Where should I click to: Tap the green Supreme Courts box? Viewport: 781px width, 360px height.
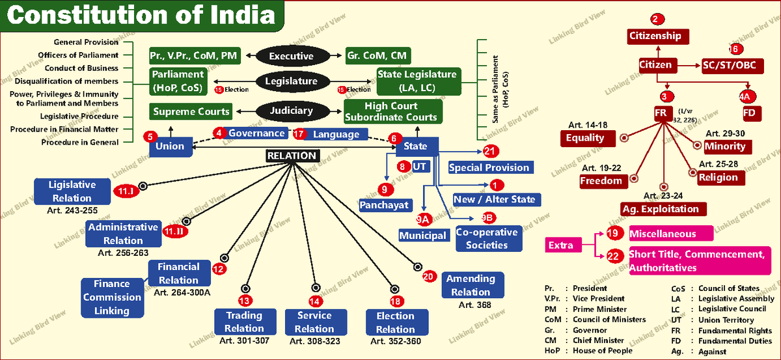click(191, 111)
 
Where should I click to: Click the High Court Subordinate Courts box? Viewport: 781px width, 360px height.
click(392, 111)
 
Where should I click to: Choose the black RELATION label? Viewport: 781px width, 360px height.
click(292, 156)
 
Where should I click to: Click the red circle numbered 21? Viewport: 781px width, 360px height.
click(491, 151)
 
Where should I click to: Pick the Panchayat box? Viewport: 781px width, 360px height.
click(385, 204)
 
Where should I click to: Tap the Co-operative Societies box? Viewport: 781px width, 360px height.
click(487, 238)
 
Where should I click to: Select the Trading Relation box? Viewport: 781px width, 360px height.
click(244, 322)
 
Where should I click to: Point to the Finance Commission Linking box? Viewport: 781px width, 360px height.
click(111, 297)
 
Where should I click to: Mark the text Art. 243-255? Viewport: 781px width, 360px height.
click(72, 211)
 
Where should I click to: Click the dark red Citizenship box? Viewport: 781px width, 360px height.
click(659, 36)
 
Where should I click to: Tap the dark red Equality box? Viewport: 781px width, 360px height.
click(585, 138)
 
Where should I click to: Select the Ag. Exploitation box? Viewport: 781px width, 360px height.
click(661, 209)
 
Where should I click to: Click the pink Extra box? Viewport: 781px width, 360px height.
click(561, 245)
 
